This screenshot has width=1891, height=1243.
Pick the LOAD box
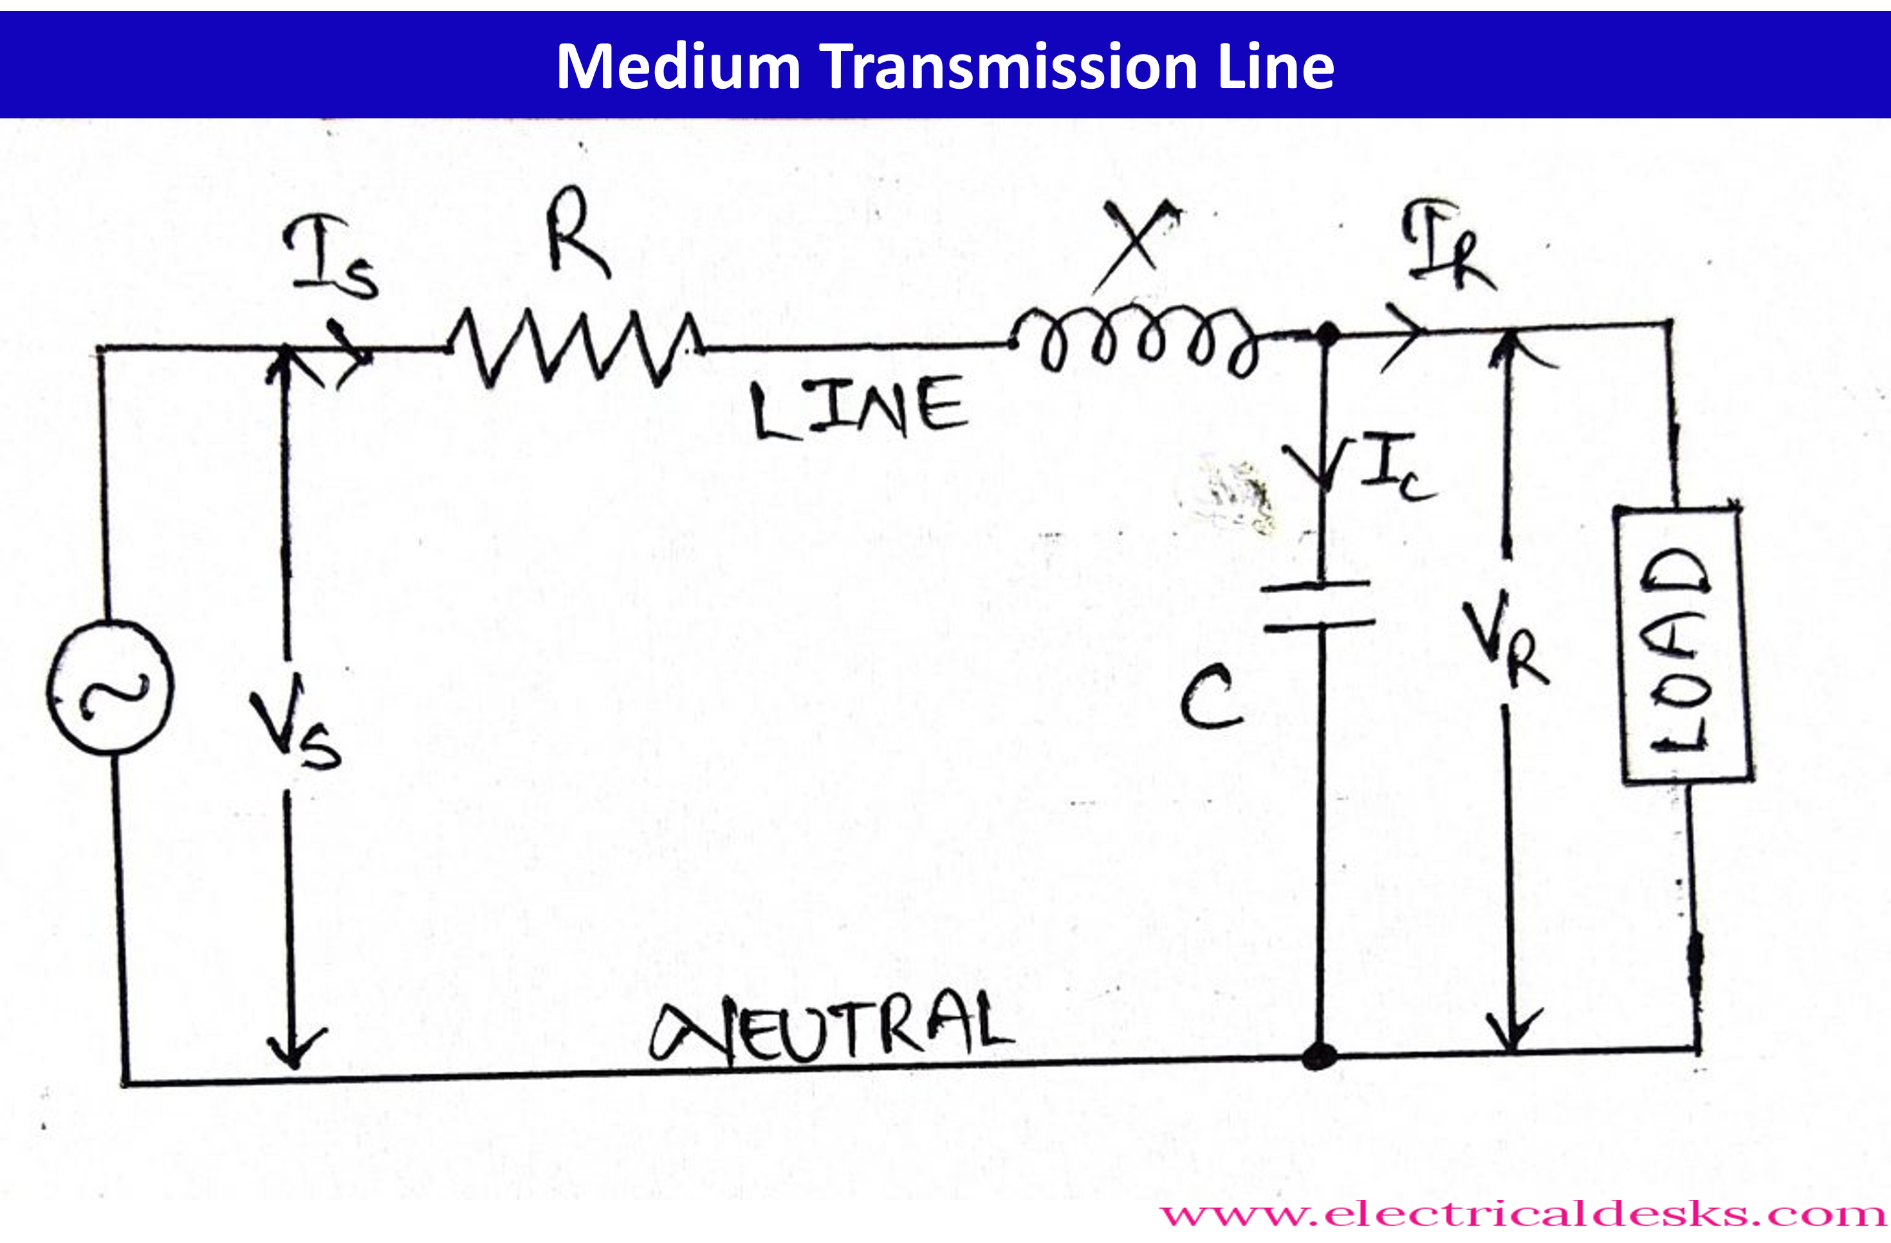pyautogui.click(x=1683, y=645)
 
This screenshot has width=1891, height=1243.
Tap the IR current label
pyautogui.click(x=1448, y=244)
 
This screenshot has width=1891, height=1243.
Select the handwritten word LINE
pyautogui.click(x=860, y=409)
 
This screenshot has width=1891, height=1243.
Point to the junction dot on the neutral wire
pyautogui.click(x=1319, y=1057)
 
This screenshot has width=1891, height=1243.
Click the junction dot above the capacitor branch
pyautogui.click(x=1325, y=335)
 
